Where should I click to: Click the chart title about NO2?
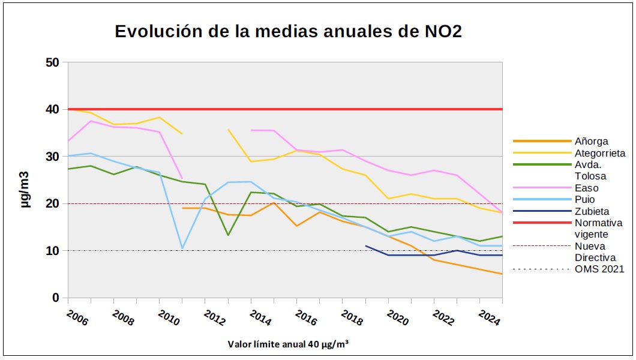(x=288, y=32)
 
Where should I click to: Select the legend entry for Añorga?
(x=591, y=142)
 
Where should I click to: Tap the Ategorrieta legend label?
(x=599, y=153)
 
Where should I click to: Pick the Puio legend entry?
(x=585, y=199)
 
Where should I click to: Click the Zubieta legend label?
(x=592, y=211)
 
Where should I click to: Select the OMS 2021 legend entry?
(x=599, y=269)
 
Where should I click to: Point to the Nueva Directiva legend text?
(x=593, y=251)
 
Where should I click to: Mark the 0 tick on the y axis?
(x=55, y=298)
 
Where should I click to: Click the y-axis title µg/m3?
(x=25, y=180)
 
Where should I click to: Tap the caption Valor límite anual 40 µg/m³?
(x=289, y=344)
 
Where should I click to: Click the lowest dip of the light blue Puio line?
(x=182, y=248)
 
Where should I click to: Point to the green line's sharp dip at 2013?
(x=228, y=235)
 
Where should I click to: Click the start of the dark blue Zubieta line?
(x=365, y=245)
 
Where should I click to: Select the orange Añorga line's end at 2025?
(x=502, y=274)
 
